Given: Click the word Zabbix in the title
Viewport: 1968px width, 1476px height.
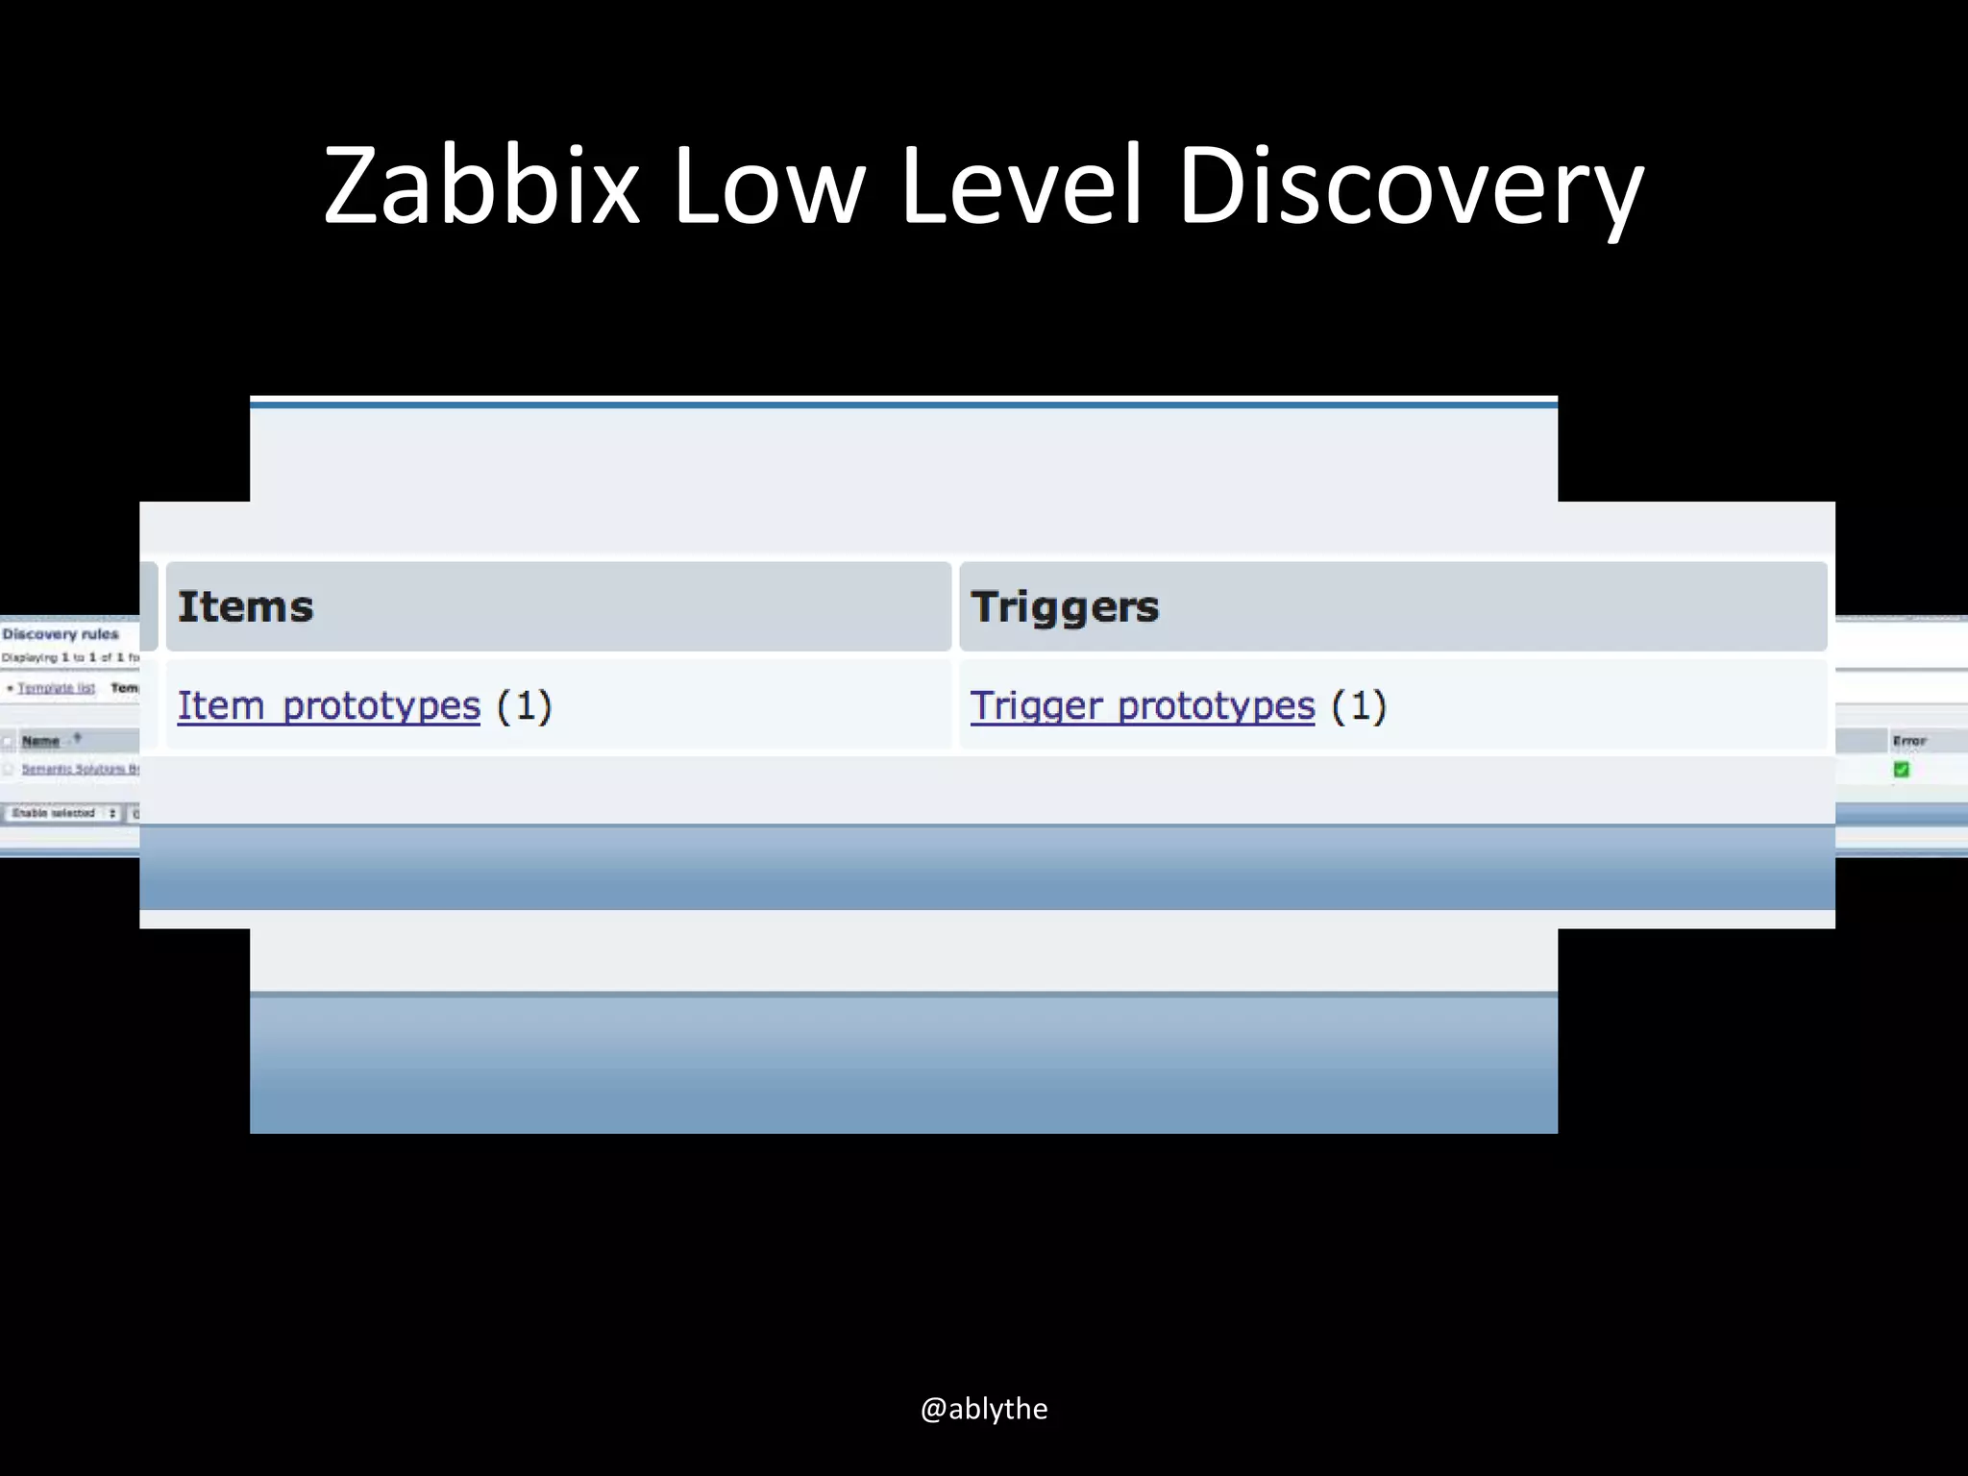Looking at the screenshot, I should pos(480,184).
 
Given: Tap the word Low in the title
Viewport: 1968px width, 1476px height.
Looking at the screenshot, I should pos(769,184).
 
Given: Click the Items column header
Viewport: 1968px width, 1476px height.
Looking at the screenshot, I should pos(246,607).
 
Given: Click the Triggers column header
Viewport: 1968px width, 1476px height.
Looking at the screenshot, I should pos(1065,607).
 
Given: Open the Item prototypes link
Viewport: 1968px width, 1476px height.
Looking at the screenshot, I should pos(329,706).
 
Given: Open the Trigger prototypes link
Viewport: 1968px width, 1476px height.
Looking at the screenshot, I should pos(1142,706).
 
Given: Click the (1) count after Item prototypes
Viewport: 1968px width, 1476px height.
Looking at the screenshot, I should pos(525,706).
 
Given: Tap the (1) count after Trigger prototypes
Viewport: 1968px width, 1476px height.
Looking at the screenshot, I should pos(1359,706).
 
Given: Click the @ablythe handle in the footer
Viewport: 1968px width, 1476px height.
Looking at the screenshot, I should pos(984,1409).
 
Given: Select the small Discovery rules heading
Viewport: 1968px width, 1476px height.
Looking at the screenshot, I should pos(61,634).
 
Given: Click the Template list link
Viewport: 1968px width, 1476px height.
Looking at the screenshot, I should pos(56,688).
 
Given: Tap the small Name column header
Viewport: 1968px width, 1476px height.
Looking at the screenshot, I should pos(40,741).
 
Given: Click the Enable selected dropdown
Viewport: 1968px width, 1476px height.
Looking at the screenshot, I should pos(63,813).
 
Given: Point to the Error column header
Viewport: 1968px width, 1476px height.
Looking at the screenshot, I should pos(1909,741).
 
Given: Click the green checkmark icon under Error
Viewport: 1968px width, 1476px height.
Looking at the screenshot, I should pos(1901,770).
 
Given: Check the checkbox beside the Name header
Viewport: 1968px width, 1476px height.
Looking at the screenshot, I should pos(9,742).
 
